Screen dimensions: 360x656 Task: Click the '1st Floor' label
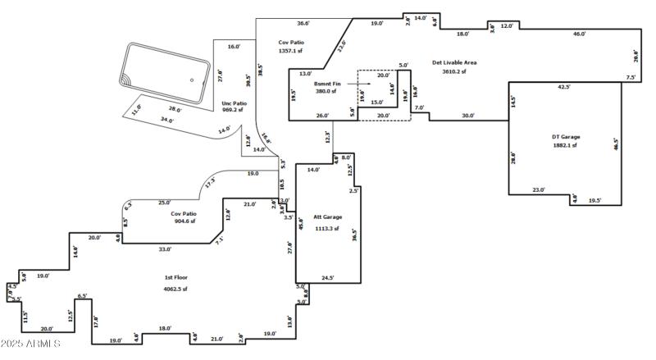pos(175,278)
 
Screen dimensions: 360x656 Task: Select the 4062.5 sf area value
pos(175,289)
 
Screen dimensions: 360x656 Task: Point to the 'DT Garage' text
pos(563,136)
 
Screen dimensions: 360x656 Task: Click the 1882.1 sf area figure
pos(563,145)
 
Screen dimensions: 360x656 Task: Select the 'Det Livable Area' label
pos(454,62)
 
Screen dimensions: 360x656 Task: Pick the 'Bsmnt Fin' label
pos(327,84)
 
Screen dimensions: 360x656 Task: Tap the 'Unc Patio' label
pos(233,103)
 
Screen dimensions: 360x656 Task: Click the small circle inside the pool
pos(192,80)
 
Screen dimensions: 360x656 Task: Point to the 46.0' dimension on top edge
pos(579,34)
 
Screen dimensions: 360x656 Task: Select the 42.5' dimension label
pos(564,86)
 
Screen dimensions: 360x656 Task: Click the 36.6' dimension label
pos(303,24)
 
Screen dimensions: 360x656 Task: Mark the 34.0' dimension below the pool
pos(167,120)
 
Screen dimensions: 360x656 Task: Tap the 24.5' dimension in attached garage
pos(327,278)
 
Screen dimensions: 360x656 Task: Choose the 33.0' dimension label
pos(164,249)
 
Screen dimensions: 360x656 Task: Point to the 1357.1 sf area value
pos(291,51)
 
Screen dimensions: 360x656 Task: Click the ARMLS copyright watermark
pos(30,343)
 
